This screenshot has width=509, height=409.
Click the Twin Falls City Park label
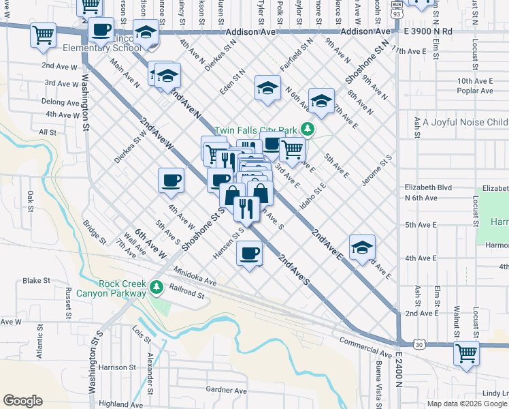[257, 130]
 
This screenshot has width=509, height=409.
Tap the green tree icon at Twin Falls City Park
[308, 128]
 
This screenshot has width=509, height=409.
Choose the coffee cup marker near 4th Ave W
[171, 181]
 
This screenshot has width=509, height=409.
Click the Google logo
[22, 401]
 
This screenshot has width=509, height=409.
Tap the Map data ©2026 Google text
[467, 404]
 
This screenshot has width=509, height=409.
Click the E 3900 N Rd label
[427, 32]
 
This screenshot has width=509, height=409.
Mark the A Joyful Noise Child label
[465, 123]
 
